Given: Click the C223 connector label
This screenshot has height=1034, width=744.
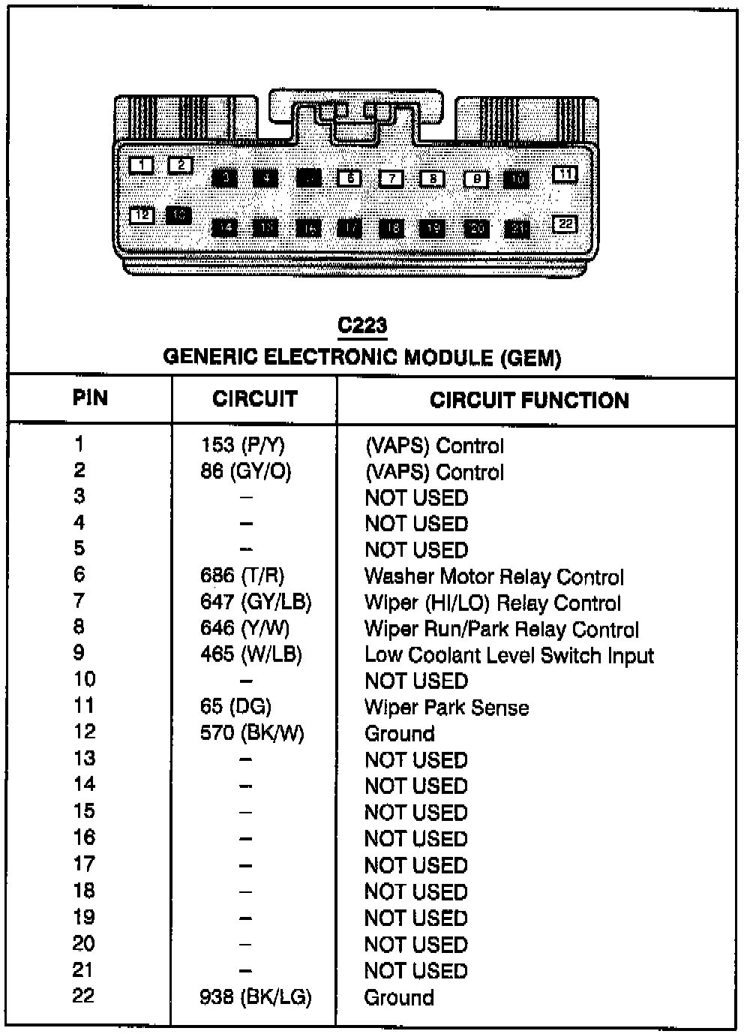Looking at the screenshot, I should pyautogui.click(x=362, y=325).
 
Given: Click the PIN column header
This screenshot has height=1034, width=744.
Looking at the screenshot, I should pyautogui.click(x=90, y=398).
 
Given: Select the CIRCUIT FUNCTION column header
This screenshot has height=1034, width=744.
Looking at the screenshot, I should pyautogui.click(x=529, y=400).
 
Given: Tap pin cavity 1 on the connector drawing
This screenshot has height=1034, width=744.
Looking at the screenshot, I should pyautogui.click(x=141, y=165).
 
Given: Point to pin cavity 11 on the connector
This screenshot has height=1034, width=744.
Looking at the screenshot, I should pyautogui.click(x=565, y=174).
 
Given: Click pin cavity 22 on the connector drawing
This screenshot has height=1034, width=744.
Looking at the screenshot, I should pyautogui.click(x=565, y=224).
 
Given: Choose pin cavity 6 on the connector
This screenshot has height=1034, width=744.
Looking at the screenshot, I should pyautogui.click(x=349, y=178).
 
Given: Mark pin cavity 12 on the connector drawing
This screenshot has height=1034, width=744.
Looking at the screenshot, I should pyautogui.click(x=142, y=215).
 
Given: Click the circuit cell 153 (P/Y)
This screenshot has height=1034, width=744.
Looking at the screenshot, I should pyautogui.click(x=242, y=445).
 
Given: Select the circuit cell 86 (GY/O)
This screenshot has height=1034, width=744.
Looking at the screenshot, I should pyautogui.click(x=245, y=471).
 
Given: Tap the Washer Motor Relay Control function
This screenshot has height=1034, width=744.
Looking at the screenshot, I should pyautogui.click(x=493, y=577).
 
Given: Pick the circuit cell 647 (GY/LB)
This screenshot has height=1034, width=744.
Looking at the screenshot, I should pyautogui.click(x=255, y=603).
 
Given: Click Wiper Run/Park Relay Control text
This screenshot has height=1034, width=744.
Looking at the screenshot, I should pyautogui.click(x=501, y=630).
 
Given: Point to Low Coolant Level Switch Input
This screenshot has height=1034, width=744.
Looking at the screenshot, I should pyautogui.click(x=508, y=655).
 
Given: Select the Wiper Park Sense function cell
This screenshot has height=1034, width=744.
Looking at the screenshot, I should pyautogui.click(x=446, y=708).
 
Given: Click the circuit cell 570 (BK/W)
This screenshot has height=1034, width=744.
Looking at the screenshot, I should pyautogui.click(x=252, y=733).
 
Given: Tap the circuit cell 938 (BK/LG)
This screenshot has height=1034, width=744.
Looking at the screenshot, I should pyautogui.click(x=255, y=997).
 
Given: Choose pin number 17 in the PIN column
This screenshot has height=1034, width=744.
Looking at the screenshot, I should pyautogui.click(x=83, y=864).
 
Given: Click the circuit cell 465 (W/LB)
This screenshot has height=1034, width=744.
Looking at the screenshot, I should pyautogui.click(x=250, y=654).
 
